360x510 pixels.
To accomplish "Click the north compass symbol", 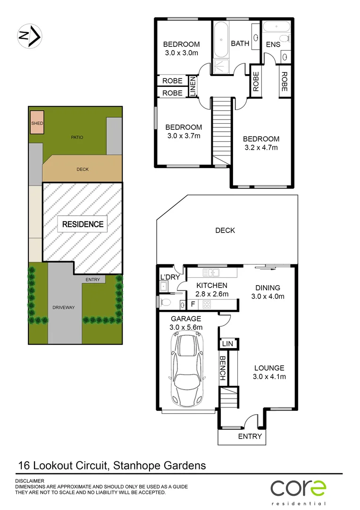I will (30, 35).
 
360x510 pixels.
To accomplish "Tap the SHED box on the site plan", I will (37, 123).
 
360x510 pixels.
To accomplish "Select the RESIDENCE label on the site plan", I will (83, 224).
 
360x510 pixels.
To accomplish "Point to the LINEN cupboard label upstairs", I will (193, 87).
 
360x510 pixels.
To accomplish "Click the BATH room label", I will (240, 43).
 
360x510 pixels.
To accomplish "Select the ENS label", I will (273, 44).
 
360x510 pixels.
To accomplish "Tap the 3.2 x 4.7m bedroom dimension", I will (260, 147).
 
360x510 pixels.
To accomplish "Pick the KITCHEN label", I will (212, 286).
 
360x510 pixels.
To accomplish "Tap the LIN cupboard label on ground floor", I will (227, 344).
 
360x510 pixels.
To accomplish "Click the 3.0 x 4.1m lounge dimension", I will (269, 376).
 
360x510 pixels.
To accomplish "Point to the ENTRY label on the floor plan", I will (250, 436).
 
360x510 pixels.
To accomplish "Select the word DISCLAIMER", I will (30, 481).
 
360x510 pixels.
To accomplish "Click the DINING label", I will (268, 288).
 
